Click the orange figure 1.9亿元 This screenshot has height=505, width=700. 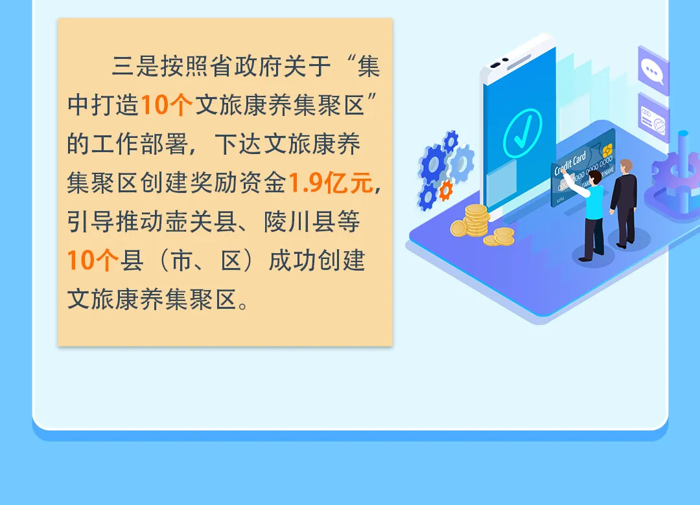[331, 184]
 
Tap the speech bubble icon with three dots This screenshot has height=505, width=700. [652, 70]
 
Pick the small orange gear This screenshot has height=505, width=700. [446, 190]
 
